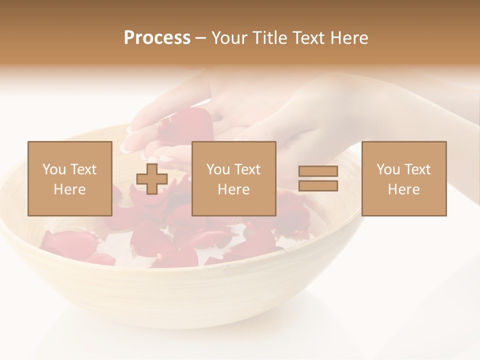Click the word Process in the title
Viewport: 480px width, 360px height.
click(x=157, y=38)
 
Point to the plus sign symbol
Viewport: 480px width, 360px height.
click(x=152, y=178)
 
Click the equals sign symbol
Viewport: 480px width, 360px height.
click(x=318, y=178)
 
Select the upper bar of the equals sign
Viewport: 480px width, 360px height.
click(x=318, y=171)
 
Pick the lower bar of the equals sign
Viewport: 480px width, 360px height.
click(x=318, y=186)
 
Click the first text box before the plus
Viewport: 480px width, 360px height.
click(x=69, y=178)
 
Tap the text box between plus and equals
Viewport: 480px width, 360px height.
click(x=233, y=178)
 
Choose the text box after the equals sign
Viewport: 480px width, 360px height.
click(x=403, y=178)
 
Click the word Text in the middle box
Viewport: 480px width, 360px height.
click(x=247, y=169)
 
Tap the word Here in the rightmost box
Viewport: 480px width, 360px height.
click(x=403, y=189)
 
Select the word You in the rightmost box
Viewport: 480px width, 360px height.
click(x=388, y=169)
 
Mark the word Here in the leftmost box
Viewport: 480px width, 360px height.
click(x=69, y=189)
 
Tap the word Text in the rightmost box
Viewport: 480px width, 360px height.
click(x=417, y=169)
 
